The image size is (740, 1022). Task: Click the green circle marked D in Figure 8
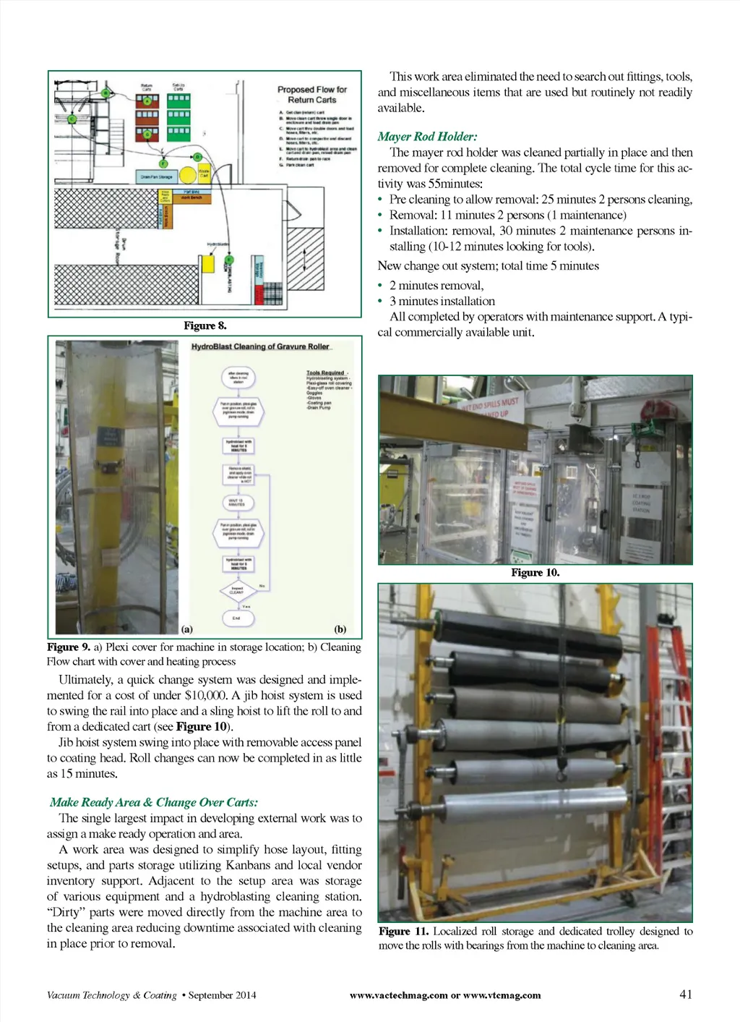pyautogui.click(x=197, y=156)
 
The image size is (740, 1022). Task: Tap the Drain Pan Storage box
pyautogui.click(x=156, y=176)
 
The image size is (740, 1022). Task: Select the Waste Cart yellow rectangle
pyautogui.click(x=204, y=174)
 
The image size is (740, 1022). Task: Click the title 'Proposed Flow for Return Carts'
pyautogui.click(x=312, y=95)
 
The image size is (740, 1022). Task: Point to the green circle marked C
pyautogui.click(x=72, y=119)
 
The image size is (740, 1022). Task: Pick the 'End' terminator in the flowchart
pyautogui.click(x=236, y=618)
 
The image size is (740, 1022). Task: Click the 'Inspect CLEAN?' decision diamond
pyautogui.click(x=237, y=591)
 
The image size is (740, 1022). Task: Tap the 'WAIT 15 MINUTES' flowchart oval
pyautogui.click(x=237, y=502)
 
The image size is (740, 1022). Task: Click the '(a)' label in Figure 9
pyautogui.click(x=187, y=629)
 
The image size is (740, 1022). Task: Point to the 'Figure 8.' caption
pyautogui.click(x=205, y=325)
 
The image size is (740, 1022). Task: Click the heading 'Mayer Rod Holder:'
pyautogui.click(x=427, y=137)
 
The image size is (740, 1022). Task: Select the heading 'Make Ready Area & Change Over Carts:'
pyautogui.click(x=154, y=802)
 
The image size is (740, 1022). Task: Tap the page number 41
pyautogui.click(x=686, y=995)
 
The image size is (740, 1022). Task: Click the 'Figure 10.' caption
pyautogui.click(x=535, y=573)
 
